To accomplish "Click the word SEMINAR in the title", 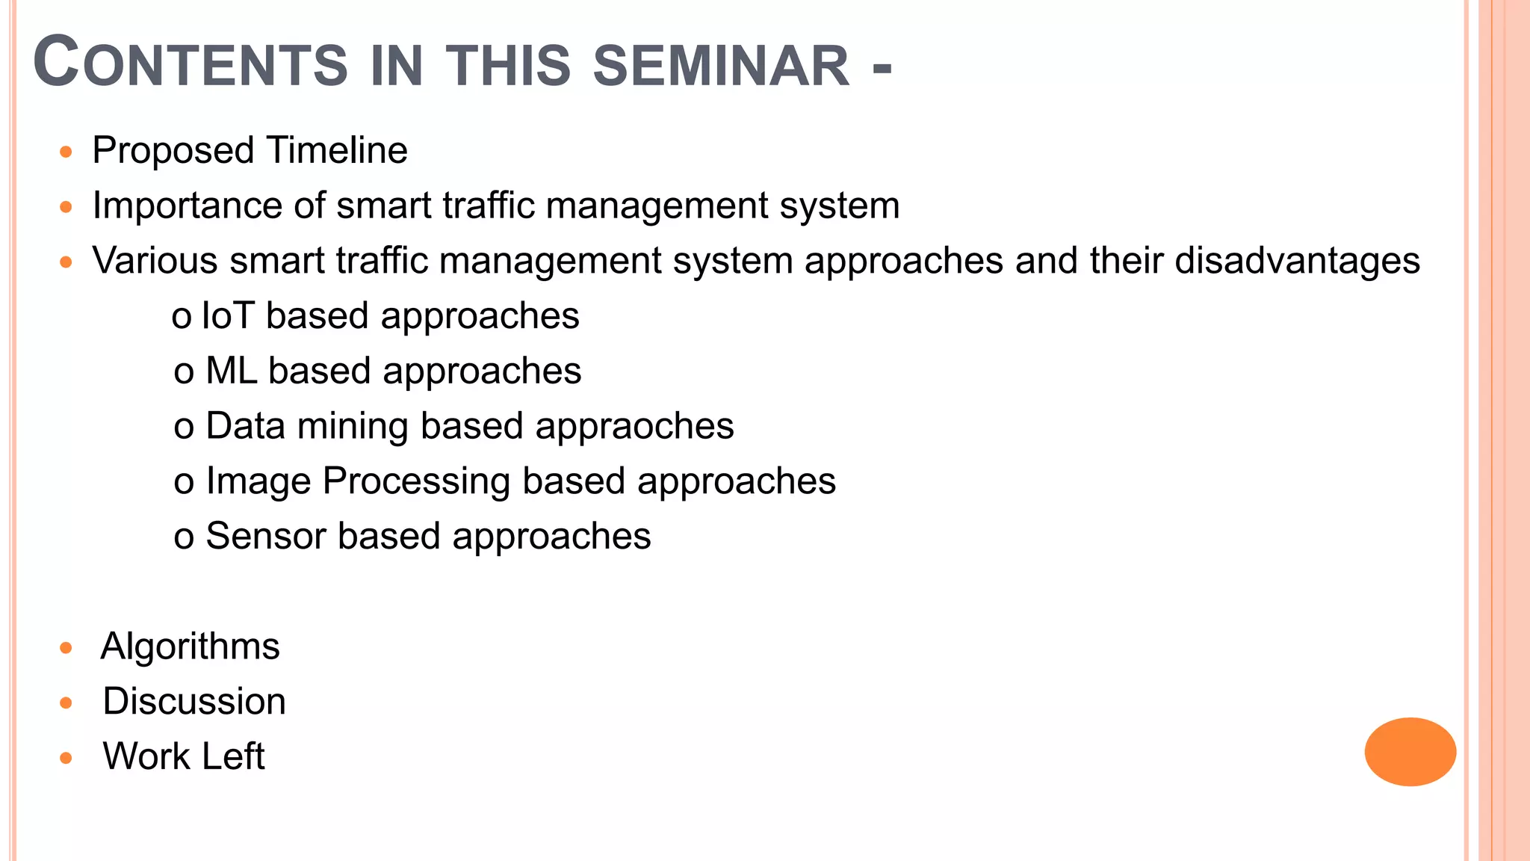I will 721,66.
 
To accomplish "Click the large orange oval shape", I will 1410,751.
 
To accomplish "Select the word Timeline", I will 337,150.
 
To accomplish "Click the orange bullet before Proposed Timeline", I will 66,152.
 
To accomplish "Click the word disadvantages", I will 1297,261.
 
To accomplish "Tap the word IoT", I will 228,315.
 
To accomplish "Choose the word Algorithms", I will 190,646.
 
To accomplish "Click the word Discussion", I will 194,701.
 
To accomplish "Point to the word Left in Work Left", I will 233,756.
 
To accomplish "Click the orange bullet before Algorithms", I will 66,648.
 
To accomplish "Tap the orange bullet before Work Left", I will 66,758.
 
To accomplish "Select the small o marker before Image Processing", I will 184,483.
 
